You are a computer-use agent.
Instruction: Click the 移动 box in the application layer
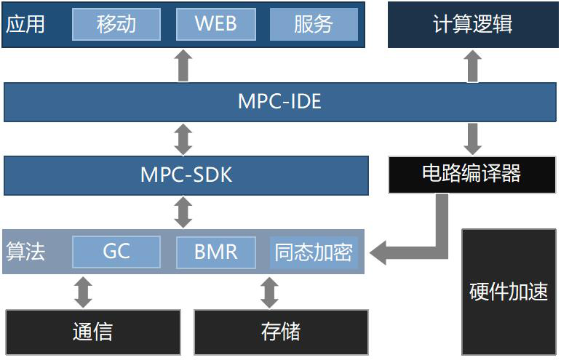(116, 24)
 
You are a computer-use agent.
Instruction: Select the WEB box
(216, 24)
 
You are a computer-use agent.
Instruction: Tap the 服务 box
(314, 24)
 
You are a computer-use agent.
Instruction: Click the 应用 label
(25, 24)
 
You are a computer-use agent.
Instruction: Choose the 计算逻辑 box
(472, 24)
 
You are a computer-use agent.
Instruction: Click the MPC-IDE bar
(279, 101)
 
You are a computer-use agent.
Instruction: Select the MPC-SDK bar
(186, 175)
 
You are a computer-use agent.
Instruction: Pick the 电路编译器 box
(472, 174)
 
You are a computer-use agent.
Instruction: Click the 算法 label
(25, 252)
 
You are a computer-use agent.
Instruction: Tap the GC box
(116, 252)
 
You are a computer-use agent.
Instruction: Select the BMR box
(216, 252)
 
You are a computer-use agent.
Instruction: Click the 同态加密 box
(314, 252)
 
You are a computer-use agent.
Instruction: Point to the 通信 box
(93, 332)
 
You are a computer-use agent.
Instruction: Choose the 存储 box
(281, 332)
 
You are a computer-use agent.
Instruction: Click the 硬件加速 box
(509, 291)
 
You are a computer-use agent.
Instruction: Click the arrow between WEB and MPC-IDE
(184, 65)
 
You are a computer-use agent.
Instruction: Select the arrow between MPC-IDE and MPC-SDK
(184, 138)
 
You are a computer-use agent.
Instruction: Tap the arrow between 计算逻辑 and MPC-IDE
(473, 65)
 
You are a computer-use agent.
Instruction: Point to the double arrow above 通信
(84, 292)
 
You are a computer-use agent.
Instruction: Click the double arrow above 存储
(270, 292)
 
